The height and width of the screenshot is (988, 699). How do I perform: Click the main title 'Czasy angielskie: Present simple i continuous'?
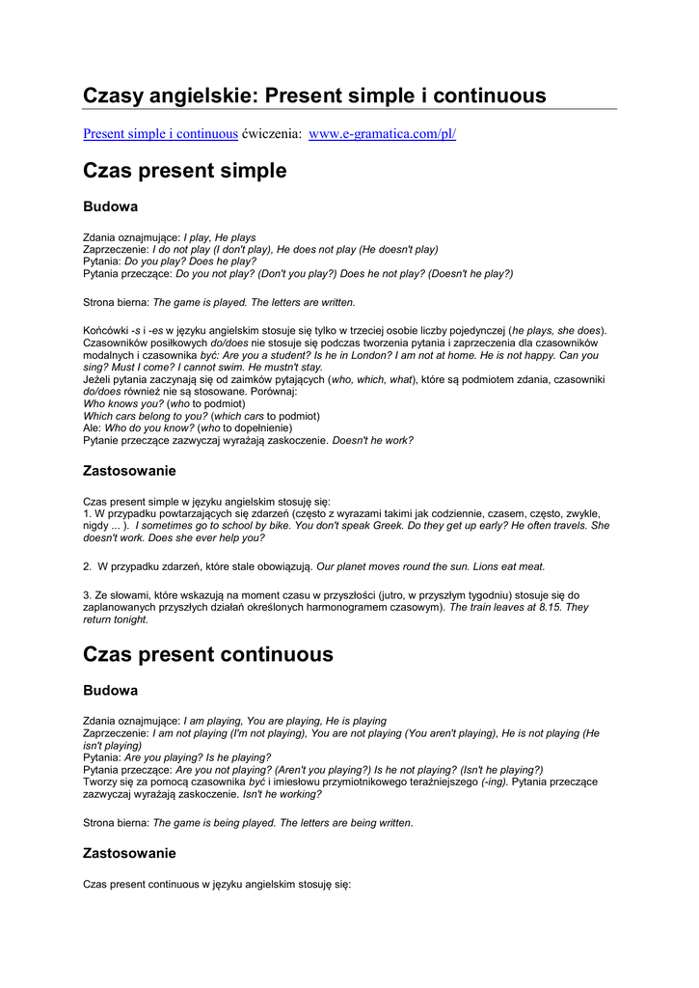pos(314,96)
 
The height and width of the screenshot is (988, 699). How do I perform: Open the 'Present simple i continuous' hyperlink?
pos(160,133)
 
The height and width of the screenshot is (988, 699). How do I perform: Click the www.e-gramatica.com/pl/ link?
pos(382,133)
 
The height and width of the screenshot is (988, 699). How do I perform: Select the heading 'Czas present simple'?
pos(185,171)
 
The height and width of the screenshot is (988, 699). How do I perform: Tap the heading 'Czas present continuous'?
pos(208,654)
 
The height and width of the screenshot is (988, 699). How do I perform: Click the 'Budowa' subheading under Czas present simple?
pos(111,206)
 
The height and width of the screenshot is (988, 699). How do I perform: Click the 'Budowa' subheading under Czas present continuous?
pos(111,691)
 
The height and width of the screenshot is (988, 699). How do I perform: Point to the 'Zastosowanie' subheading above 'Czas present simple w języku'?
pos(130,471)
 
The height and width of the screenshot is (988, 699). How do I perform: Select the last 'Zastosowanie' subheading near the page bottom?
pos(130,853)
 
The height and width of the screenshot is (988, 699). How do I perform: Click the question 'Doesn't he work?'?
pos(373,440)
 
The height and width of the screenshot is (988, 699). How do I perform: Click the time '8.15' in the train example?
pos(550,608)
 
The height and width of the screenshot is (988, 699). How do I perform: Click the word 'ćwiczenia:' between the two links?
pos(273,133)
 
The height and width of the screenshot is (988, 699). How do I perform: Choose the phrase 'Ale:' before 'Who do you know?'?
pos(93,427)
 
